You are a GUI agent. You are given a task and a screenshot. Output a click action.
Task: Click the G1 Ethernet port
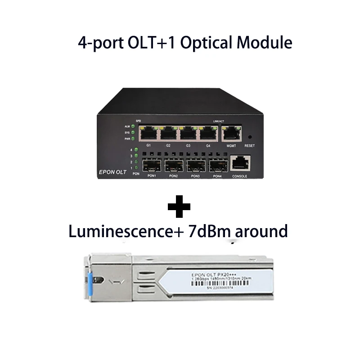pos(149,134)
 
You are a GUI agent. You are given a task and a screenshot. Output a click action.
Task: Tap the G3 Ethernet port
pos(188,134)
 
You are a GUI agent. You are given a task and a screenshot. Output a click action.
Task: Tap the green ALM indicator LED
pos(133,126)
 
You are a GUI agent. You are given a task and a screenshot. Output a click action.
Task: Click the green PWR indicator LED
pos(133,139)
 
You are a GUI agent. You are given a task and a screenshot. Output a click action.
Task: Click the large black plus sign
pos(179,207)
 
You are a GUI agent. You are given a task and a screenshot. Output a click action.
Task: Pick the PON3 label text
pos(195,176)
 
